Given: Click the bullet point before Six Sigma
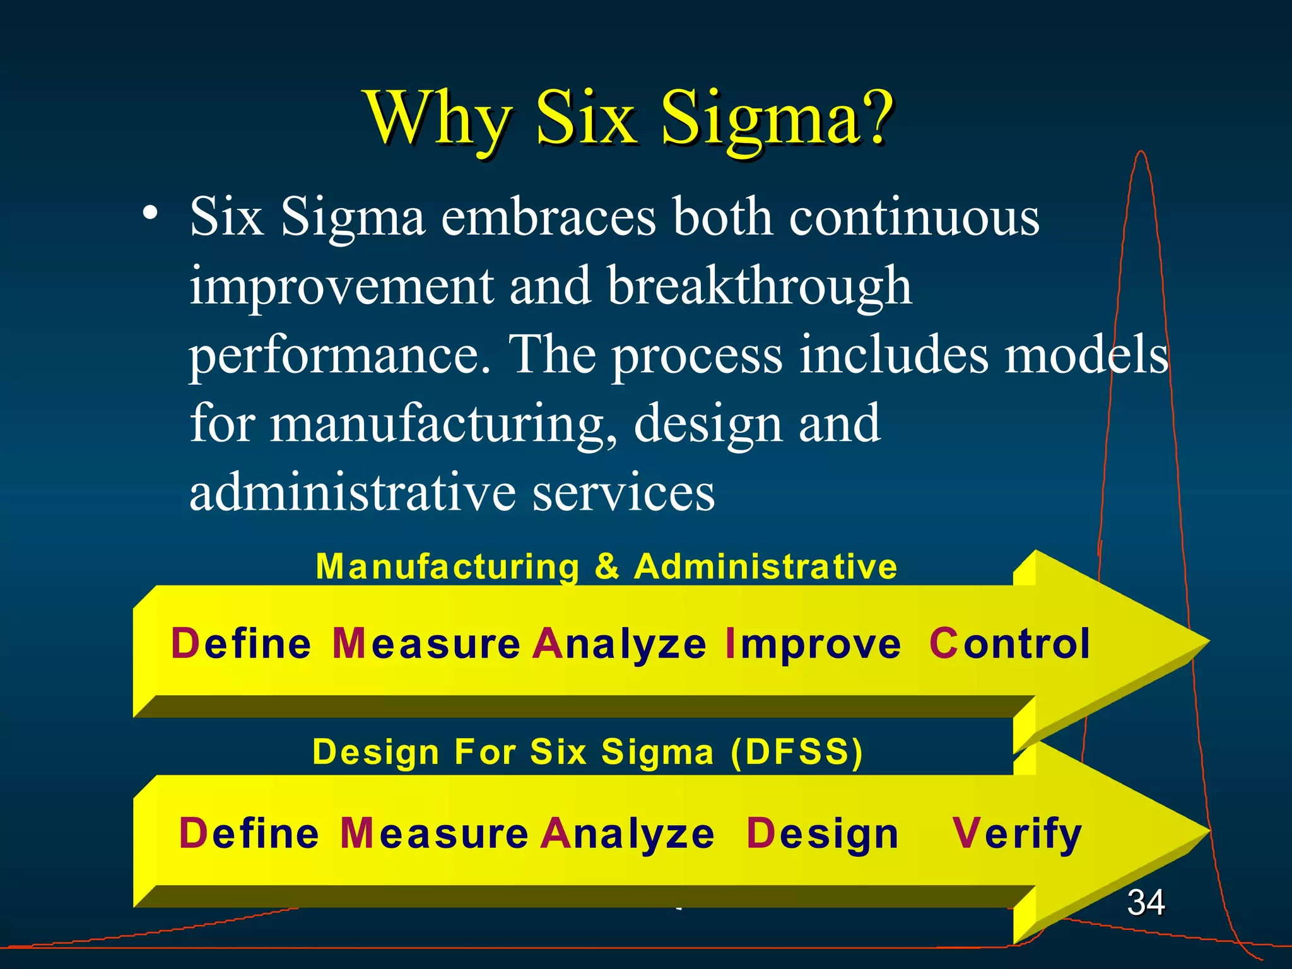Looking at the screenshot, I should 150,214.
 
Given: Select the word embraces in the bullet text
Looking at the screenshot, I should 548,217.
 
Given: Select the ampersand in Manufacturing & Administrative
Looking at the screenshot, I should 606,566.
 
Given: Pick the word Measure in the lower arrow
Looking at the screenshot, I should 434,833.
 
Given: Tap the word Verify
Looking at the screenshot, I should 1017,835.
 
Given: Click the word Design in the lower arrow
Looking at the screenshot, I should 822,835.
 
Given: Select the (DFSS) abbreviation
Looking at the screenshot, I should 796,752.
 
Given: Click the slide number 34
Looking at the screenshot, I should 1146,902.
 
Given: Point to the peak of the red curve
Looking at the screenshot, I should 1141,152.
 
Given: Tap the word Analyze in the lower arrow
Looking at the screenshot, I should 628,835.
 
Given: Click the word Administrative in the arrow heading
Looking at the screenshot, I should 765,566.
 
